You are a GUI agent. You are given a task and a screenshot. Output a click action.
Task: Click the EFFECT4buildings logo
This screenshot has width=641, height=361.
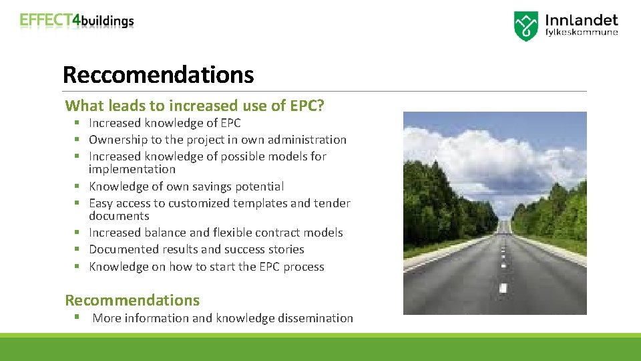click(x=77, y=20)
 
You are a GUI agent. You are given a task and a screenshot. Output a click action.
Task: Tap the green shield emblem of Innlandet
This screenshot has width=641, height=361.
click(x=525, y=26)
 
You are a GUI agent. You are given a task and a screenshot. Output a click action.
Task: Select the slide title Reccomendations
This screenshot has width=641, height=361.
click(x=158, y=74)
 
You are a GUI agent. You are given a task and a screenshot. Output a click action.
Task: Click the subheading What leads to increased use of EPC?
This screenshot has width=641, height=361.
click(x=195, y=106)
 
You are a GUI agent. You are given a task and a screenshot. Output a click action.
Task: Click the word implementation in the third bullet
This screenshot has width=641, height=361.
click(x=132, y=169)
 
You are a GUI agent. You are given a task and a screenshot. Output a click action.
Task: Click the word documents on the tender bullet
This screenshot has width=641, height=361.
click(x=119, y=216)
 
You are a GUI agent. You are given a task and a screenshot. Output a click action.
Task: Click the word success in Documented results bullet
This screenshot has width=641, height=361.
click(x=246, y=249)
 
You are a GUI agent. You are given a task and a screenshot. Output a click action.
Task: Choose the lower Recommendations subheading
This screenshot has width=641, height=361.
click(x=132, y=300)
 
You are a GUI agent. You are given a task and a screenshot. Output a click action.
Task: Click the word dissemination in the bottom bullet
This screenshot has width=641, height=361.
click(x=313, y=318)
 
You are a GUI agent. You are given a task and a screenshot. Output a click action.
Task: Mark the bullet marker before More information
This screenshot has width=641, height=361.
click(x=77, y=318)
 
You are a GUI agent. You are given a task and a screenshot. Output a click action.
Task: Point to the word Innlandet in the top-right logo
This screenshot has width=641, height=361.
click(x=582, y=20)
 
